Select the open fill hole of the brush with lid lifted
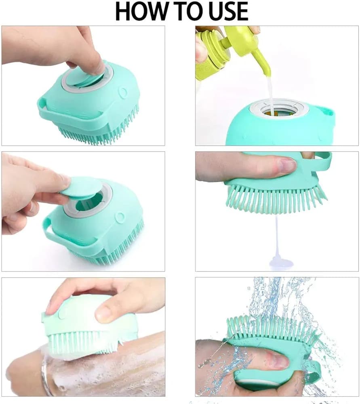click(88, 204)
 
